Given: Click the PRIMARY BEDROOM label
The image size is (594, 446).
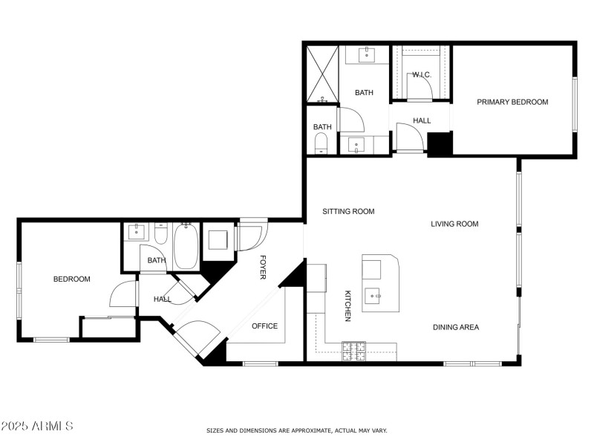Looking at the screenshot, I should click(x=512, y=102).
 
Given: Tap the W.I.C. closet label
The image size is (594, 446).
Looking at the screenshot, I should click(x=422, y=74).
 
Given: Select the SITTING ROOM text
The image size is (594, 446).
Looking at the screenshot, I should click(x=348, y=211).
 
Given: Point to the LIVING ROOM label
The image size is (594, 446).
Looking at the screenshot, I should click(x=454, y=224).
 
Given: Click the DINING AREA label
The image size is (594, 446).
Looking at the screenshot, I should click(x=456, y=327).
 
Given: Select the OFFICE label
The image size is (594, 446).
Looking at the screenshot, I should click(x=264, y=326).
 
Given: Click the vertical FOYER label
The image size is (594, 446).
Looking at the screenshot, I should click(x=263, y=268).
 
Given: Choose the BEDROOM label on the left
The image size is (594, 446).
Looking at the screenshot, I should click(x=71, y=279).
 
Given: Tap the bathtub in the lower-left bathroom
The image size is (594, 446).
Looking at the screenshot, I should click(x=185, y=248).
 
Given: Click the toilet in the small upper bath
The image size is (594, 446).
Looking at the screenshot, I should click(x=322, y=142).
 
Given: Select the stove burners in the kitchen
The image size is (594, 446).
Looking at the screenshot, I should click(x=353, y=350).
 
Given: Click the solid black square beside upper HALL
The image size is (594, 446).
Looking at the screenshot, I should click(x=440, y=143).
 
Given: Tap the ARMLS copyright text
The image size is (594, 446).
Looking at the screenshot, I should click(x=37, y=426).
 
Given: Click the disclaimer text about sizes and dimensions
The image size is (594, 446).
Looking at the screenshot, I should click(x=296, y=430).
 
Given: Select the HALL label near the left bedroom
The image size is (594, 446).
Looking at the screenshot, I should click(x=162, y=299).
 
